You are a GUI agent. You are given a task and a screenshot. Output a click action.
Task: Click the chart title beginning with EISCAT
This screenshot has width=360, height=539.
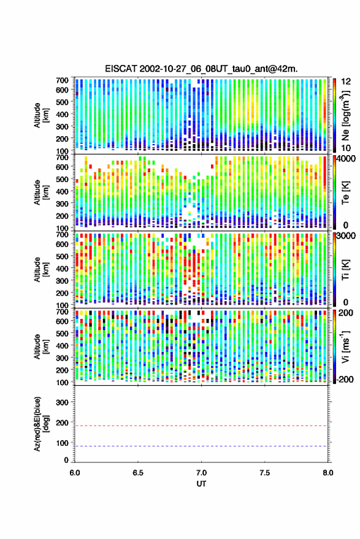(x=202, y=69)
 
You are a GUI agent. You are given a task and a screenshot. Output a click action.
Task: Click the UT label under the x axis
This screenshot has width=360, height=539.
(x=201, y=484)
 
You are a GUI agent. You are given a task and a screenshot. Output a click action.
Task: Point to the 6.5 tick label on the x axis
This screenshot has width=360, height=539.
(x=138, y=473)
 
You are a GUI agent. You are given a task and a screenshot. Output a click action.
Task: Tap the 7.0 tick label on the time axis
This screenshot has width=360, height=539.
(x=201, y=473)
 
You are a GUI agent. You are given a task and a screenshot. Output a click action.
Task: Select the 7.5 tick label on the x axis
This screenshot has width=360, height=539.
(x=264, y=473)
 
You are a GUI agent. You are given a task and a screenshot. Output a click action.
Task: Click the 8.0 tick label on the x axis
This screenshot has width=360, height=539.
(x=327, y=473)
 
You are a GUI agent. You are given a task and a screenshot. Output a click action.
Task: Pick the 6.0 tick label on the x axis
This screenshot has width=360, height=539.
(x=75, y=473)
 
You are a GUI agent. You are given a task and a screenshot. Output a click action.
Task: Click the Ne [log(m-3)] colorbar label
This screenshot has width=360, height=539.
(x=345, y=115)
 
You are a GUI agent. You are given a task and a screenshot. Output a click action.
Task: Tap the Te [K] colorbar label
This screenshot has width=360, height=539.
(x=345, y=193)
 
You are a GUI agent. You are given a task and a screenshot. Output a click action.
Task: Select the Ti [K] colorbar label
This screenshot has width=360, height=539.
(x=345, y=270)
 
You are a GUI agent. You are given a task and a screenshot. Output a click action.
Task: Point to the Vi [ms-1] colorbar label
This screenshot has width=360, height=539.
(x=345, y=346)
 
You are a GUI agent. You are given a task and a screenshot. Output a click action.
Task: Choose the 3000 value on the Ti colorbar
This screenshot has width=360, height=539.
(x=347, y=236)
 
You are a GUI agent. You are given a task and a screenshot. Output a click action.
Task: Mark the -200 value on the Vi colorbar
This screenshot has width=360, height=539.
(x=345, y=379)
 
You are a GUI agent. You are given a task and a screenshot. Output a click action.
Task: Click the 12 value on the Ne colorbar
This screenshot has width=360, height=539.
(x=346, y=81)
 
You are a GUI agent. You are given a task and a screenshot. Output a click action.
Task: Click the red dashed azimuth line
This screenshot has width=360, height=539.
(x=201, y=426)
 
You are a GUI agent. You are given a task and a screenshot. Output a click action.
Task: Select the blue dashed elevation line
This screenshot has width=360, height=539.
(x=201, y=446)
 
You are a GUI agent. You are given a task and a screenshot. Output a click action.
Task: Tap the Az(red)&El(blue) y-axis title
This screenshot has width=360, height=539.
(x=41, y=424)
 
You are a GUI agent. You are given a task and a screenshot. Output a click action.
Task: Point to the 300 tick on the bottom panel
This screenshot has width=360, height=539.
(x=62, y=402)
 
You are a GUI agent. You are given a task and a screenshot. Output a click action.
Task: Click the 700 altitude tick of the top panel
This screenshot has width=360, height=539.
(x=62, y=80)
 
